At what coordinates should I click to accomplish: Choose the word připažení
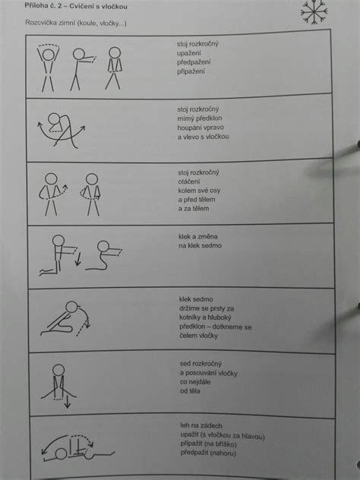point(193,71)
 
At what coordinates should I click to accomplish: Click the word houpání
point(191,128)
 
